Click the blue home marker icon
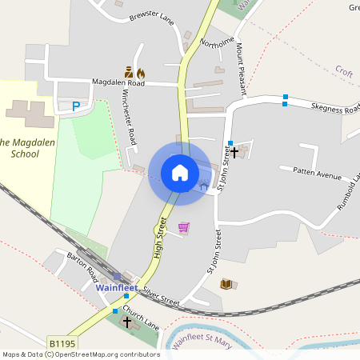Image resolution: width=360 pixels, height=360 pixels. tap(179, 172)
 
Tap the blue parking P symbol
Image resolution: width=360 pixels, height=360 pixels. tap(76, 106)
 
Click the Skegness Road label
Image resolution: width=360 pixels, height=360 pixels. tap(335, 108)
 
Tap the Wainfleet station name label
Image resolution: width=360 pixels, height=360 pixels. tap(117, 287)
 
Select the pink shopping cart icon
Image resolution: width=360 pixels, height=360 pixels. tap(184, 228)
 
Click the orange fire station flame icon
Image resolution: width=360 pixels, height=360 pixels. tap(141, 71)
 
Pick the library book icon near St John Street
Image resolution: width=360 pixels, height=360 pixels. tap(226, 284)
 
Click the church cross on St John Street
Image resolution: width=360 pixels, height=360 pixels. tap(234, 151)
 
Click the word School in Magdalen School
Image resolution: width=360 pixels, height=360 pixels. tap(20, 154)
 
